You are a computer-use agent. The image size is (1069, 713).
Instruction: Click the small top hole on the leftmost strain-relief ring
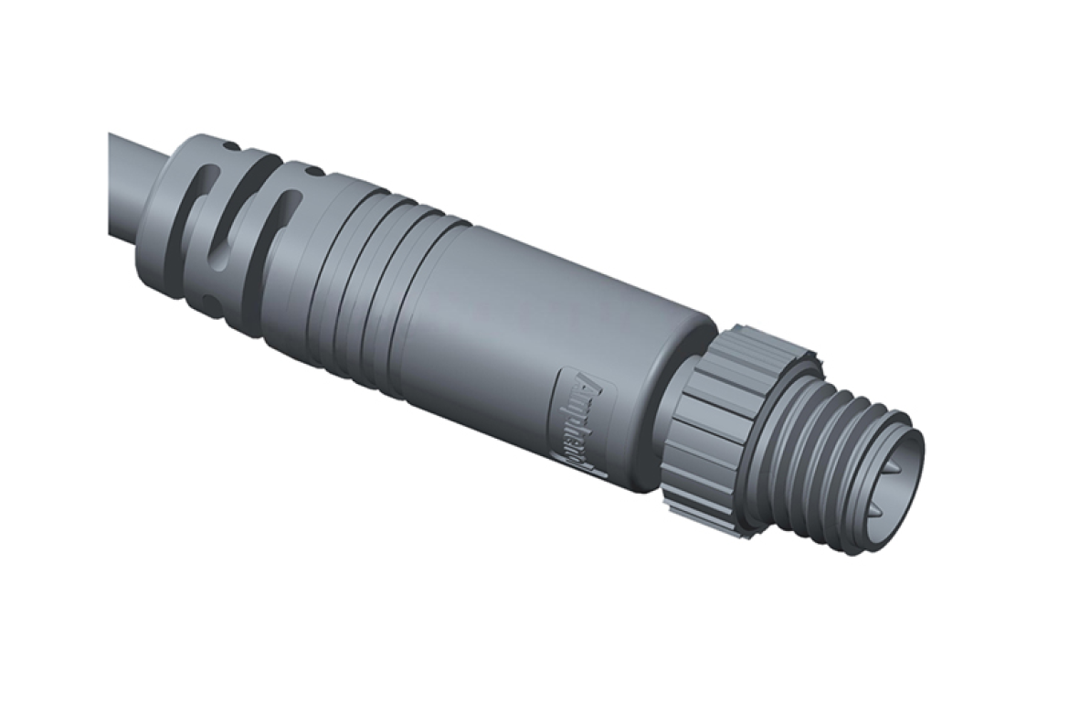click(230, 145)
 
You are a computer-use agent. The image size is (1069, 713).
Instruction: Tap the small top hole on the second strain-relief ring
click(312, 170)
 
